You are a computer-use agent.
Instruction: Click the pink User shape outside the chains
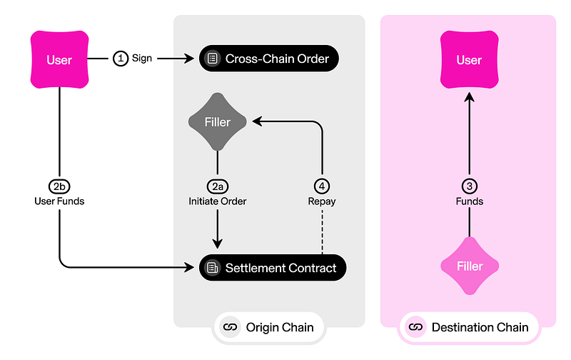pos(59,59)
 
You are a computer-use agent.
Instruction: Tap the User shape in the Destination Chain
pos(469,59)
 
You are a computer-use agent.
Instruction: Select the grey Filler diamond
pos(217,122)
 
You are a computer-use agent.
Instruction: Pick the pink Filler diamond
pos(469,266)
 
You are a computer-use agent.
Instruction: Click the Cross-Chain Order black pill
pos(268,59)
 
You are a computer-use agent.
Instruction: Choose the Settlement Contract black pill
pos(272,268)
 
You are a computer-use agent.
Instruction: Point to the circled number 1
pos(121,59)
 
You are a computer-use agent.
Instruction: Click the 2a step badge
pos(217,186)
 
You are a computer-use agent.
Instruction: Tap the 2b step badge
pos(59,186)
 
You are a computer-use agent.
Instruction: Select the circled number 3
pos(469,186)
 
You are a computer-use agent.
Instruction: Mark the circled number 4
pos(323,186)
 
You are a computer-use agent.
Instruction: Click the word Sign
pos(142,59)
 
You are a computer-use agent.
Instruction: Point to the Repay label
pos(323,201)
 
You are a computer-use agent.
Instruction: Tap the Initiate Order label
pos(217,201)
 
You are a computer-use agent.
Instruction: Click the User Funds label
pos(59,201)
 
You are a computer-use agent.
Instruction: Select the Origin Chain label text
pos(279,327)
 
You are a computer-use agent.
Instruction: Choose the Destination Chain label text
pos(480,327)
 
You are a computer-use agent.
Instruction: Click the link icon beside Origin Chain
pos(230,327)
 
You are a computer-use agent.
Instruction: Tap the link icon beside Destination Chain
pos(415,327)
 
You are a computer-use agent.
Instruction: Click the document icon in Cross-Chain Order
pos(211,59)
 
